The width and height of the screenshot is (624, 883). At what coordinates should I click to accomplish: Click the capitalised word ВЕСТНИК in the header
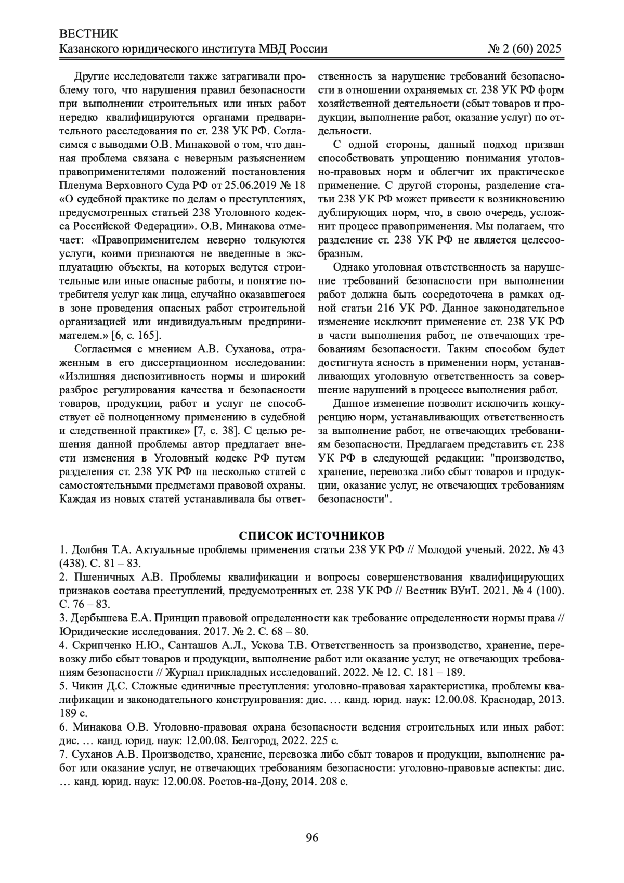point(89,34)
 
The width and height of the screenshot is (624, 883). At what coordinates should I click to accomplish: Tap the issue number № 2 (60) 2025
point(525,49)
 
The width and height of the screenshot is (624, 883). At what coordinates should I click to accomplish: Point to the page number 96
point(312,837)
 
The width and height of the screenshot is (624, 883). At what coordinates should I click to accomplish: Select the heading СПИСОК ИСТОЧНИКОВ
point(312,536)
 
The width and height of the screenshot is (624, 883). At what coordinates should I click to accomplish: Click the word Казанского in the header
point(89,49)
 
